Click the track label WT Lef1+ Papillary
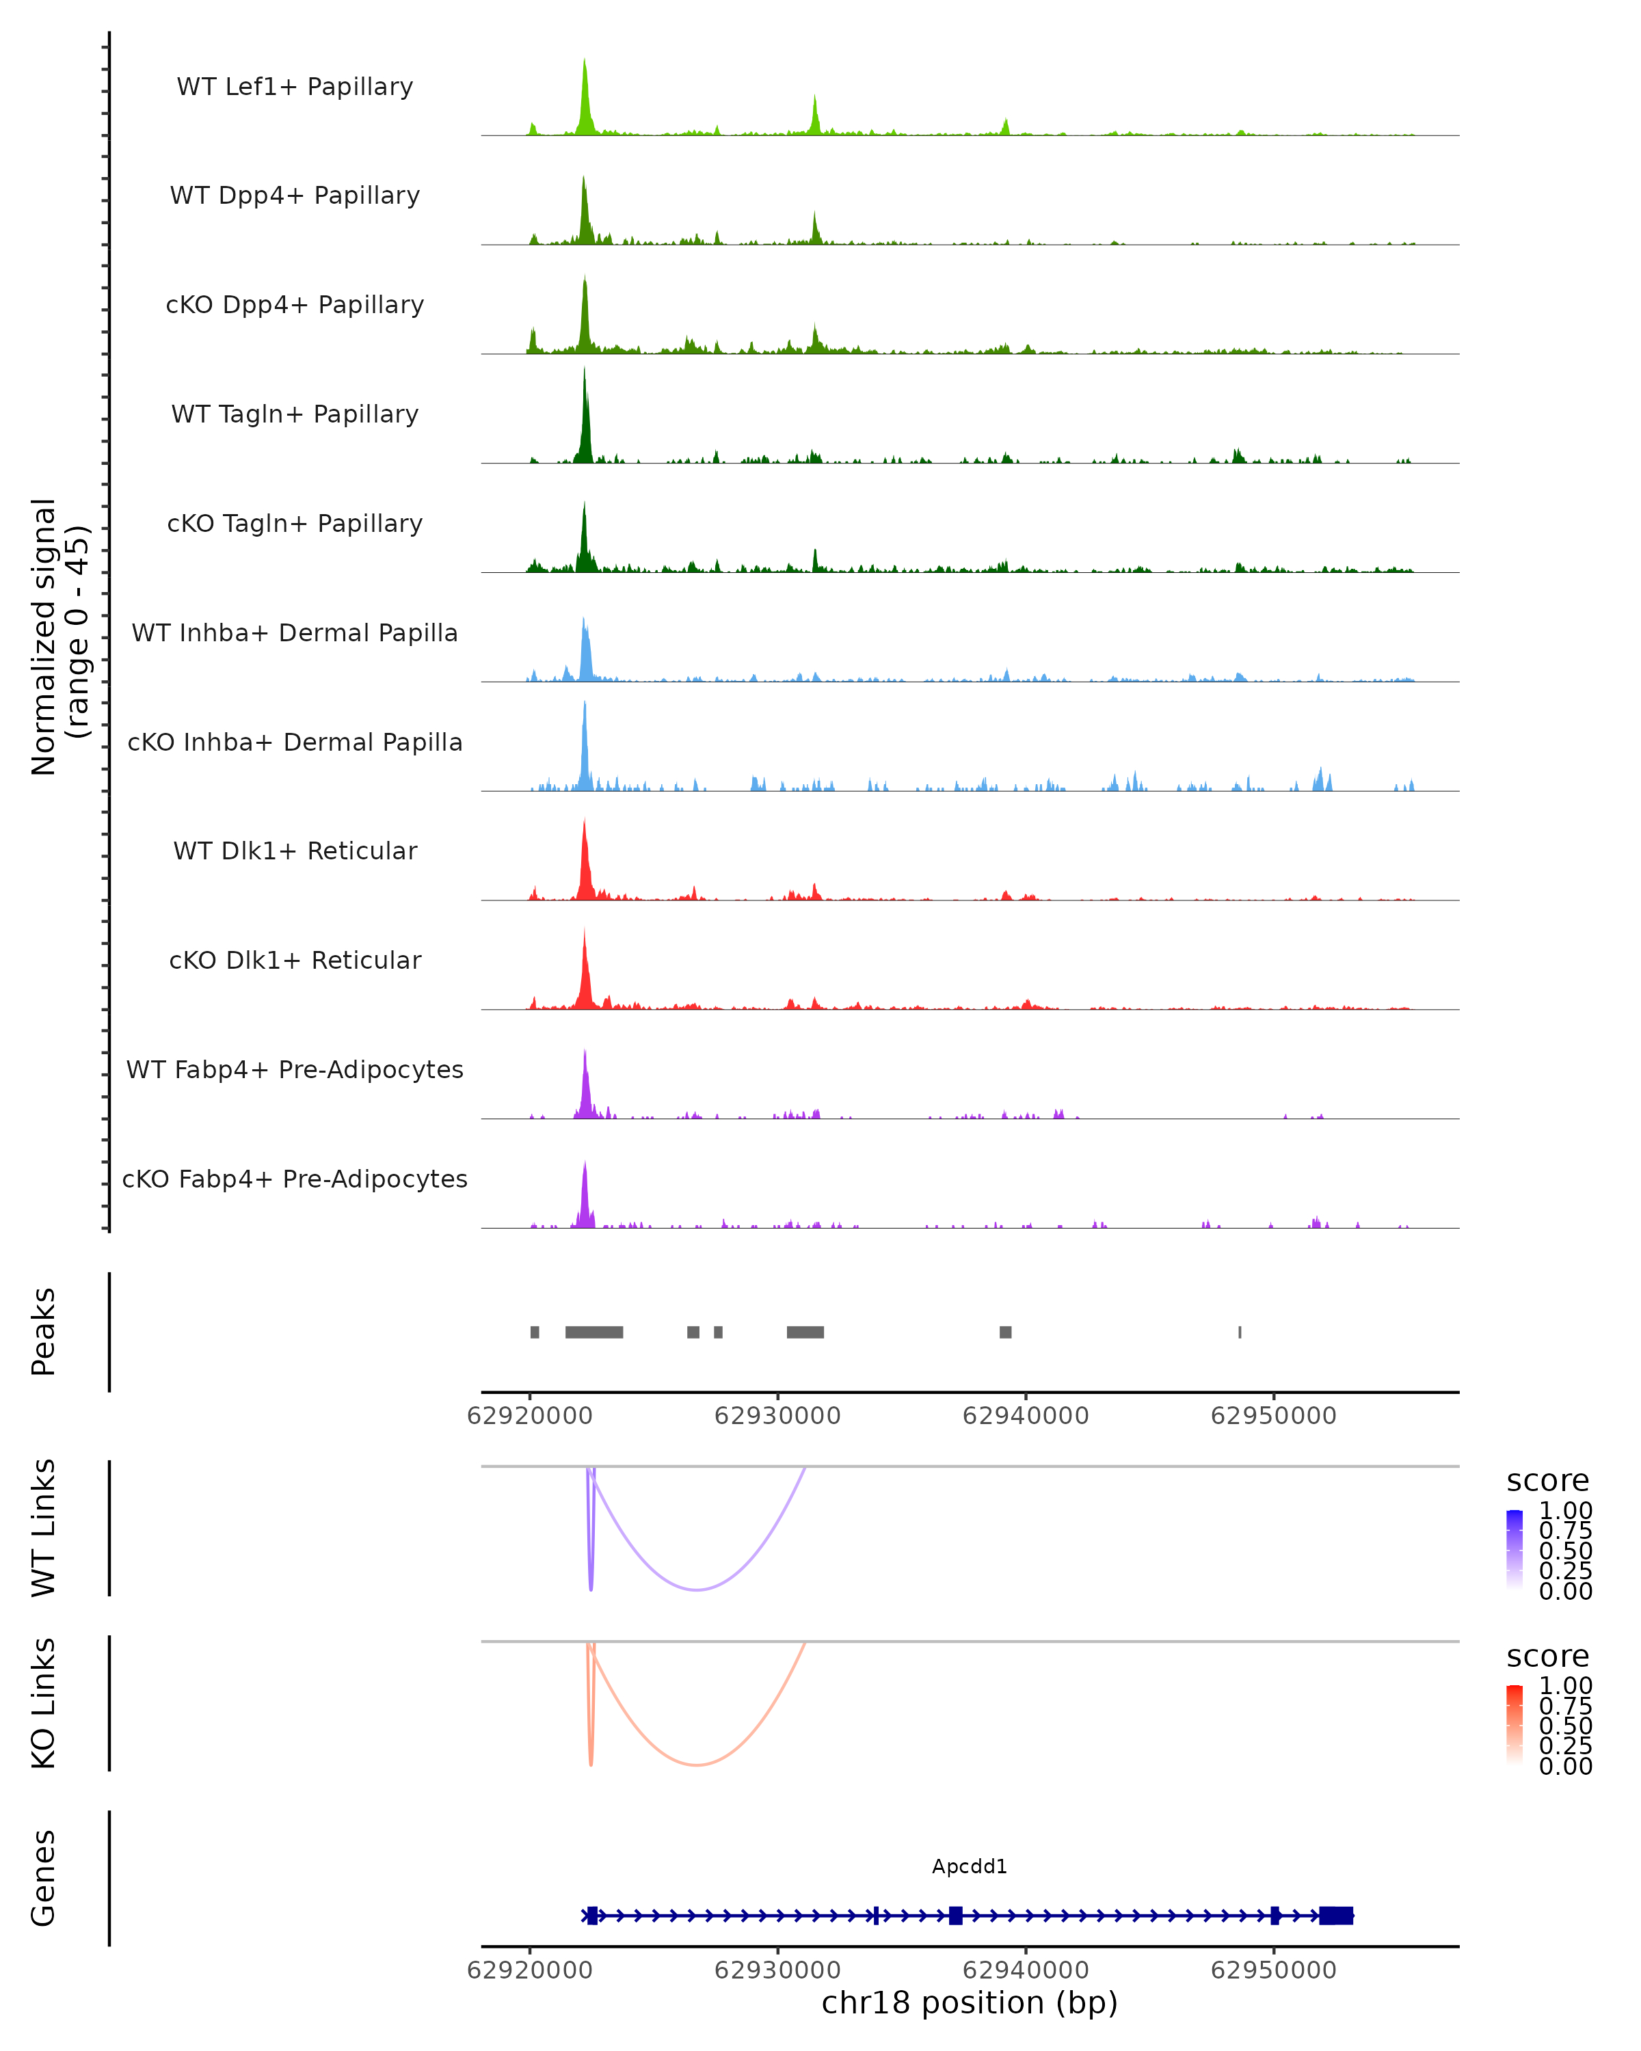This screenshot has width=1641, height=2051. coord(295,87)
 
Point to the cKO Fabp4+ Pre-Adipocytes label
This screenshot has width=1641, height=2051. coord(295,1179)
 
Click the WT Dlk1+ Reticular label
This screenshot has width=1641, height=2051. coord(295,850)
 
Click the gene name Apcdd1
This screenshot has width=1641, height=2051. coord(970,1866)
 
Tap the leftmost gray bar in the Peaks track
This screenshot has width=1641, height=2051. coord(535,1332)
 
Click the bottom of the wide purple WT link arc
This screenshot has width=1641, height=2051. coord(697,1589)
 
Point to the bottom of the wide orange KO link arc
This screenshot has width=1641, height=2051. coord(697,1765)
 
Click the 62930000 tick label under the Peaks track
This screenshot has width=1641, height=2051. coord(777,1416)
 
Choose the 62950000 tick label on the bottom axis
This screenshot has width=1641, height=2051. coord(1274,1970)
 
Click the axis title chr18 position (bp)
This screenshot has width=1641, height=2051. coord(970,2003)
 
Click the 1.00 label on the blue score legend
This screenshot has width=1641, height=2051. coord(1565,1511)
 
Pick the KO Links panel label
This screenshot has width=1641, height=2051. coord(44,1704)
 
